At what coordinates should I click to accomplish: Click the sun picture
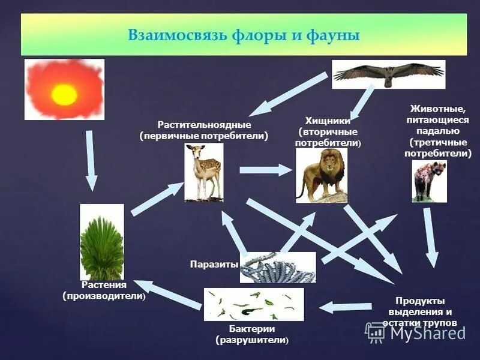tap(64, 89)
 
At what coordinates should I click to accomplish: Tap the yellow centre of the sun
tap(64, 94)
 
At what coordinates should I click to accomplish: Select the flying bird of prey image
tap(388, 74)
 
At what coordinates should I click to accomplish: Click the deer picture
tap(203, 172)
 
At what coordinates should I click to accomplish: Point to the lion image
tap(321, 175)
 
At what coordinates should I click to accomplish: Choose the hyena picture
tap(429, 181)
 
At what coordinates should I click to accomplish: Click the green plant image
tap(101, 241)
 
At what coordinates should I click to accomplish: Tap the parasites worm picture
tap(277, 267)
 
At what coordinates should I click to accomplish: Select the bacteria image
tap(253, 304)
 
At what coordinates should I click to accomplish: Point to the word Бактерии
tap(252, 329)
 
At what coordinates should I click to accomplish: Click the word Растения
tap(104, 285)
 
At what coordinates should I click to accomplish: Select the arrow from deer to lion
tap(264, 170)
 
